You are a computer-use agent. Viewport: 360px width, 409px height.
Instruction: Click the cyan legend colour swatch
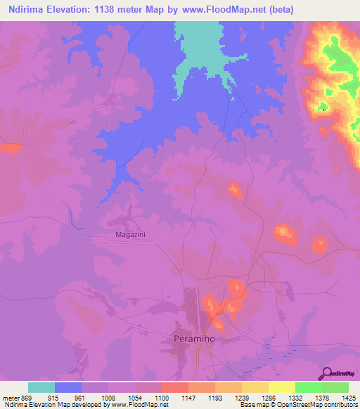point(41,387)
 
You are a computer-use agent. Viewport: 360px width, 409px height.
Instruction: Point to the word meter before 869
point(11,397)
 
